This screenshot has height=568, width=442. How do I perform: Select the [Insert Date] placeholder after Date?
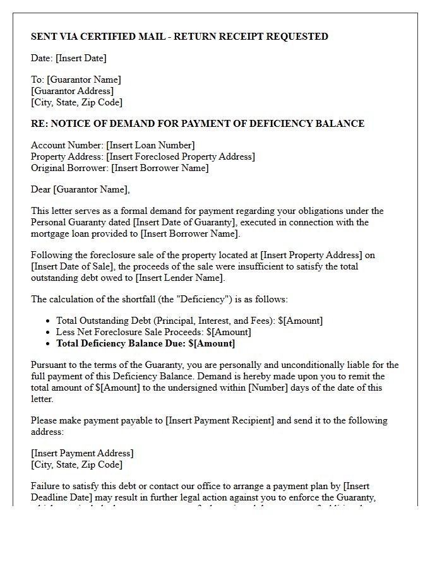pos(81,58)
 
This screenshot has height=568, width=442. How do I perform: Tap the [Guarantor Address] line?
pos(72,91)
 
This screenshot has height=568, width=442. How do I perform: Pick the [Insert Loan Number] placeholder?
pos(150,145)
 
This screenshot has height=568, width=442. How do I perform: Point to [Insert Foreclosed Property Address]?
pos(181,157)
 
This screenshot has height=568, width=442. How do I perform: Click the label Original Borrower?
pos(69,168)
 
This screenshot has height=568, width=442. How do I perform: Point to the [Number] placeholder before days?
pos(270,388)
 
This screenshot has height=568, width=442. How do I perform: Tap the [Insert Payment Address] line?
pos(82,453)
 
